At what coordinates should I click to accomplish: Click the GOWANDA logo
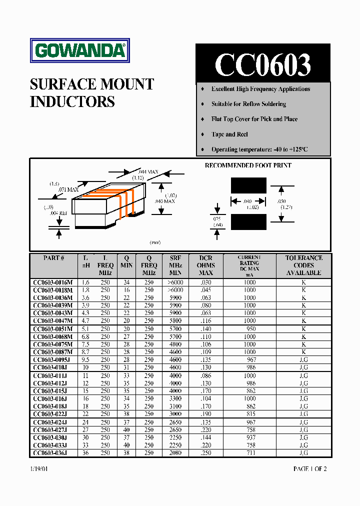[80, 50]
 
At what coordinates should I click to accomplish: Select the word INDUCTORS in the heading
[72, 101]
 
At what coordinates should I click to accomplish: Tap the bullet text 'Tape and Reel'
[229, 134]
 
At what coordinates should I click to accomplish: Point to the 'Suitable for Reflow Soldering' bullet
[248, 104]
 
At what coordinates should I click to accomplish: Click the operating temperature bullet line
[259, 149]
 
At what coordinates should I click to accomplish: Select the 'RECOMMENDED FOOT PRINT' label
[248, 165]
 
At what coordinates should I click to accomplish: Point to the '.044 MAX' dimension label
[145, 172]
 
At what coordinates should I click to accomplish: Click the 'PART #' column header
[53, 258]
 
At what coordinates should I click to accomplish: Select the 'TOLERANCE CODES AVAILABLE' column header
[303, 265]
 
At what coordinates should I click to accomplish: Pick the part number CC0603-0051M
[53, 329]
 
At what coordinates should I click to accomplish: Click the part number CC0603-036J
[50, 453]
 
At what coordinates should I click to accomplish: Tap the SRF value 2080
[175, 453]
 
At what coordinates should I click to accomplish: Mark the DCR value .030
[205, 282]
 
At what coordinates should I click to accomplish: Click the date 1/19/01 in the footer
[39, 469]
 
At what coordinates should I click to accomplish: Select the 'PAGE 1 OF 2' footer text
[309, 469]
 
